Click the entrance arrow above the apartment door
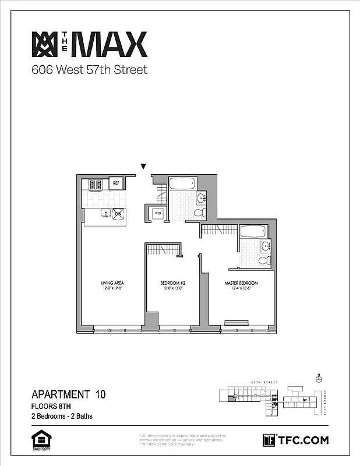click(143, 167)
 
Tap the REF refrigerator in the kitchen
click(116, 183)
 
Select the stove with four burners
click(96, 185)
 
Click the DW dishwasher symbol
click(118, 214)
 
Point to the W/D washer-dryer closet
click(157, 214)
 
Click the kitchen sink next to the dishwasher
click(105, 213)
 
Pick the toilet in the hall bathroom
click(199, 213)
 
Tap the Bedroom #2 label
click(172, 284)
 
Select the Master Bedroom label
click(241, 284)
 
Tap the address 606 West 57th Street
click(89, 70)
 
